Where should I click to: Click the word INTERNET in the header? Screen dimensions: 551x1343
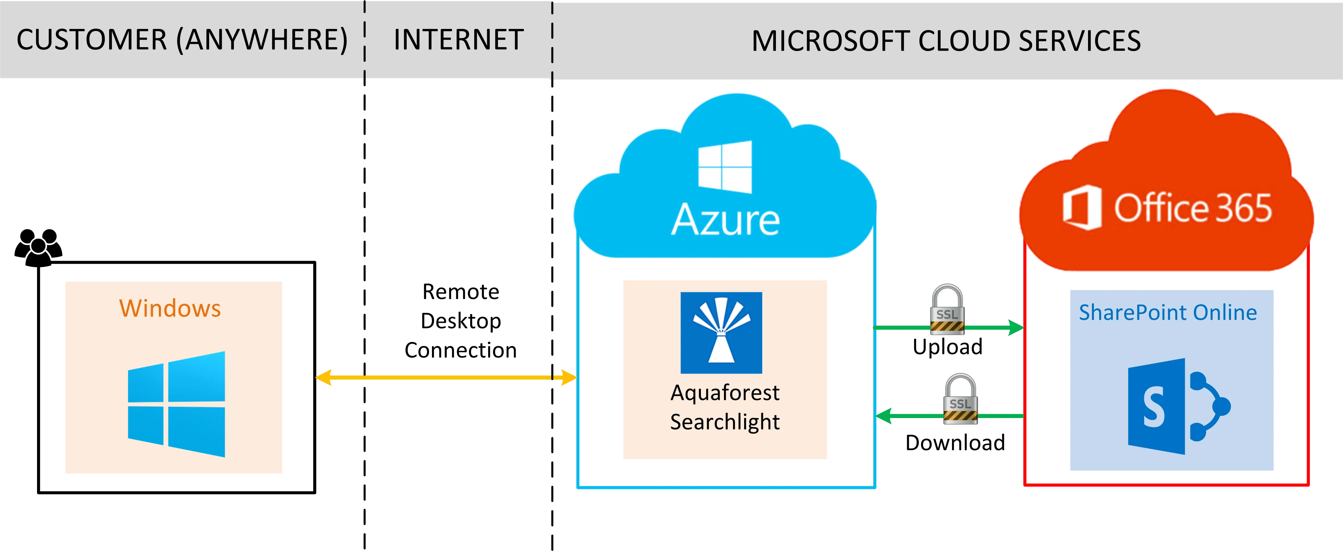pyautogui.click(x=458, y=40)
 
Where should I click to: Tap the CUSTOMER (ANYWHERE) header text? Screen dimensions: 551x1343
pyautogui.click(x=182, y=40)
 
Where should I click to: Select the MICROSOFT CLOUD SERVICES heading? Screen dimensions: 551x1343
pyautogui.click(x=946, y=41)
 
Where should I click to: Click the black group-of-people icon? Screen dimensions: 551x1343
pyautogui.click(x=38, y=248)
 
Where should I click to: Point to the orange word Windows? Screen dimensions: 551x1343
pyautogui.click(x=170, y=308)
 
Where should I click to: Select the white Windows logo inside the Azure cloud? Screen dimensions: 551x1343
pyautogui.click(x=725, y=167)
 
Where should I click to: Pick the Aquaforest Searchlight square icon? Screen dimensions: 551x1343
pyautogui.click(x=721, y=332)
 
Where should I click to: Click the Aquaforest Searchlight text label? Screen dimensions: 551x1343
pyautogui.click(x=725, y=407)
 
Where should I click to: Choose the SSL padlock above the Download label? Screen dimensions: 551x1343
pyautogui.click(x=960, y=398)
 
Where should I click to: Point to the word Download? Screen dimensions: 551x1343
pyautogui.click(x=956, y=443)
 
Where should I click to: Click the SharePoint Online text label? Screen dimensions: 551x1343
pyautogui.click(x=1168, y=312)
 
